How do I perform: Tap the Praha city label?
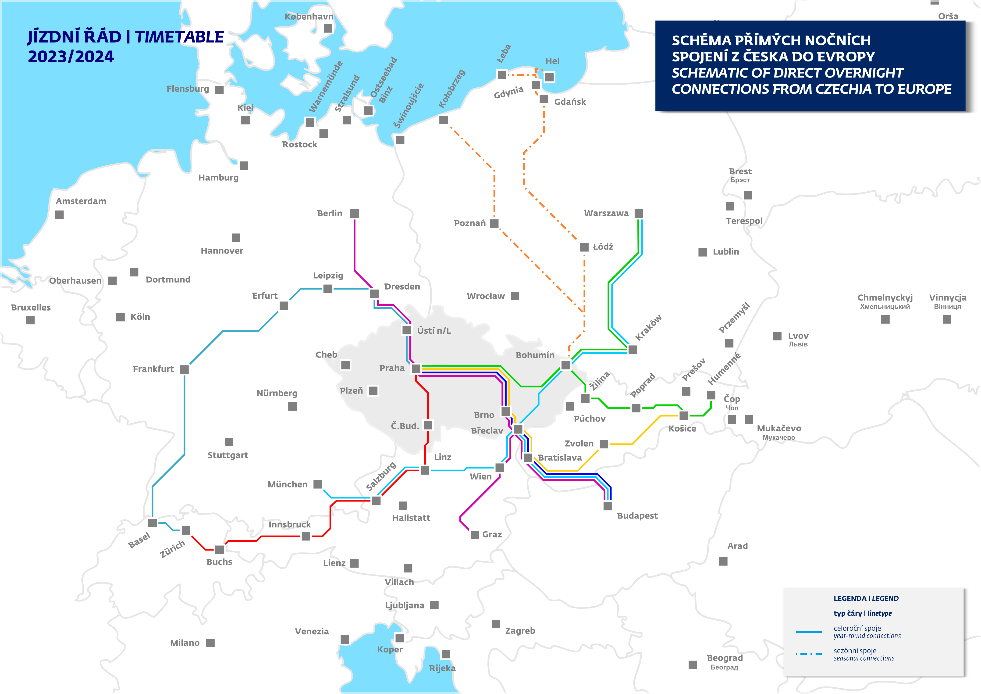tap(391, 368)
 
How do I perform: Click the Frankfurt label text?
tap(153, 369)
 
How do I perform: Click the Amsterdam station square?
tap(59, 215)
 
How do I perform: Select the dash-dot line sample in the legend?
tap(809, 654)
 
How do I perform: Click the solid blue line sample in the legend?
tap(809, 632)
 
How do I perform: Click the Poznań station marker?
tap(494, 223)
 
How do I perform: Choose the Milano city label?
tap(185, 643)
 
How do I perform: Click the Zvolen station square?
tap(604, 444)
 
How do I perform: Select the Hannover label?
tap(222, 251)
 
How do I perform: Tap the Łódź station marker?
tap(584, 247)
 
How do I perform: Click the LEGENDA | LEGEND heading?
tap(866, 598)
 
